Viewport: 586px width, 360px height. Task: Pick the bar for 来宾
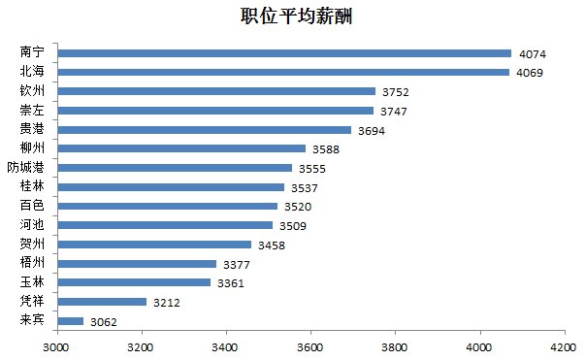72,320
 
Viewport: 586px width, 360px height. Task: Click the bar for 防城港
175,167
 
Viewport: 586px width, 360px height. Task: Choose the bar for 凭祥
102,302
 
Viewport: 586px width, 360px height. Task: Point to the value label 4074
533,53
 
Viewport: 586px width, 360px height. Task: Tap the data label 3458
272,245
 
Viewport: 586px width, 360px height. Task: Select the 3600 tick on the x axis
310,345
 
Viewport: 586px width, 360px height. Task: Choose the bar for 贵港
204,129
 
